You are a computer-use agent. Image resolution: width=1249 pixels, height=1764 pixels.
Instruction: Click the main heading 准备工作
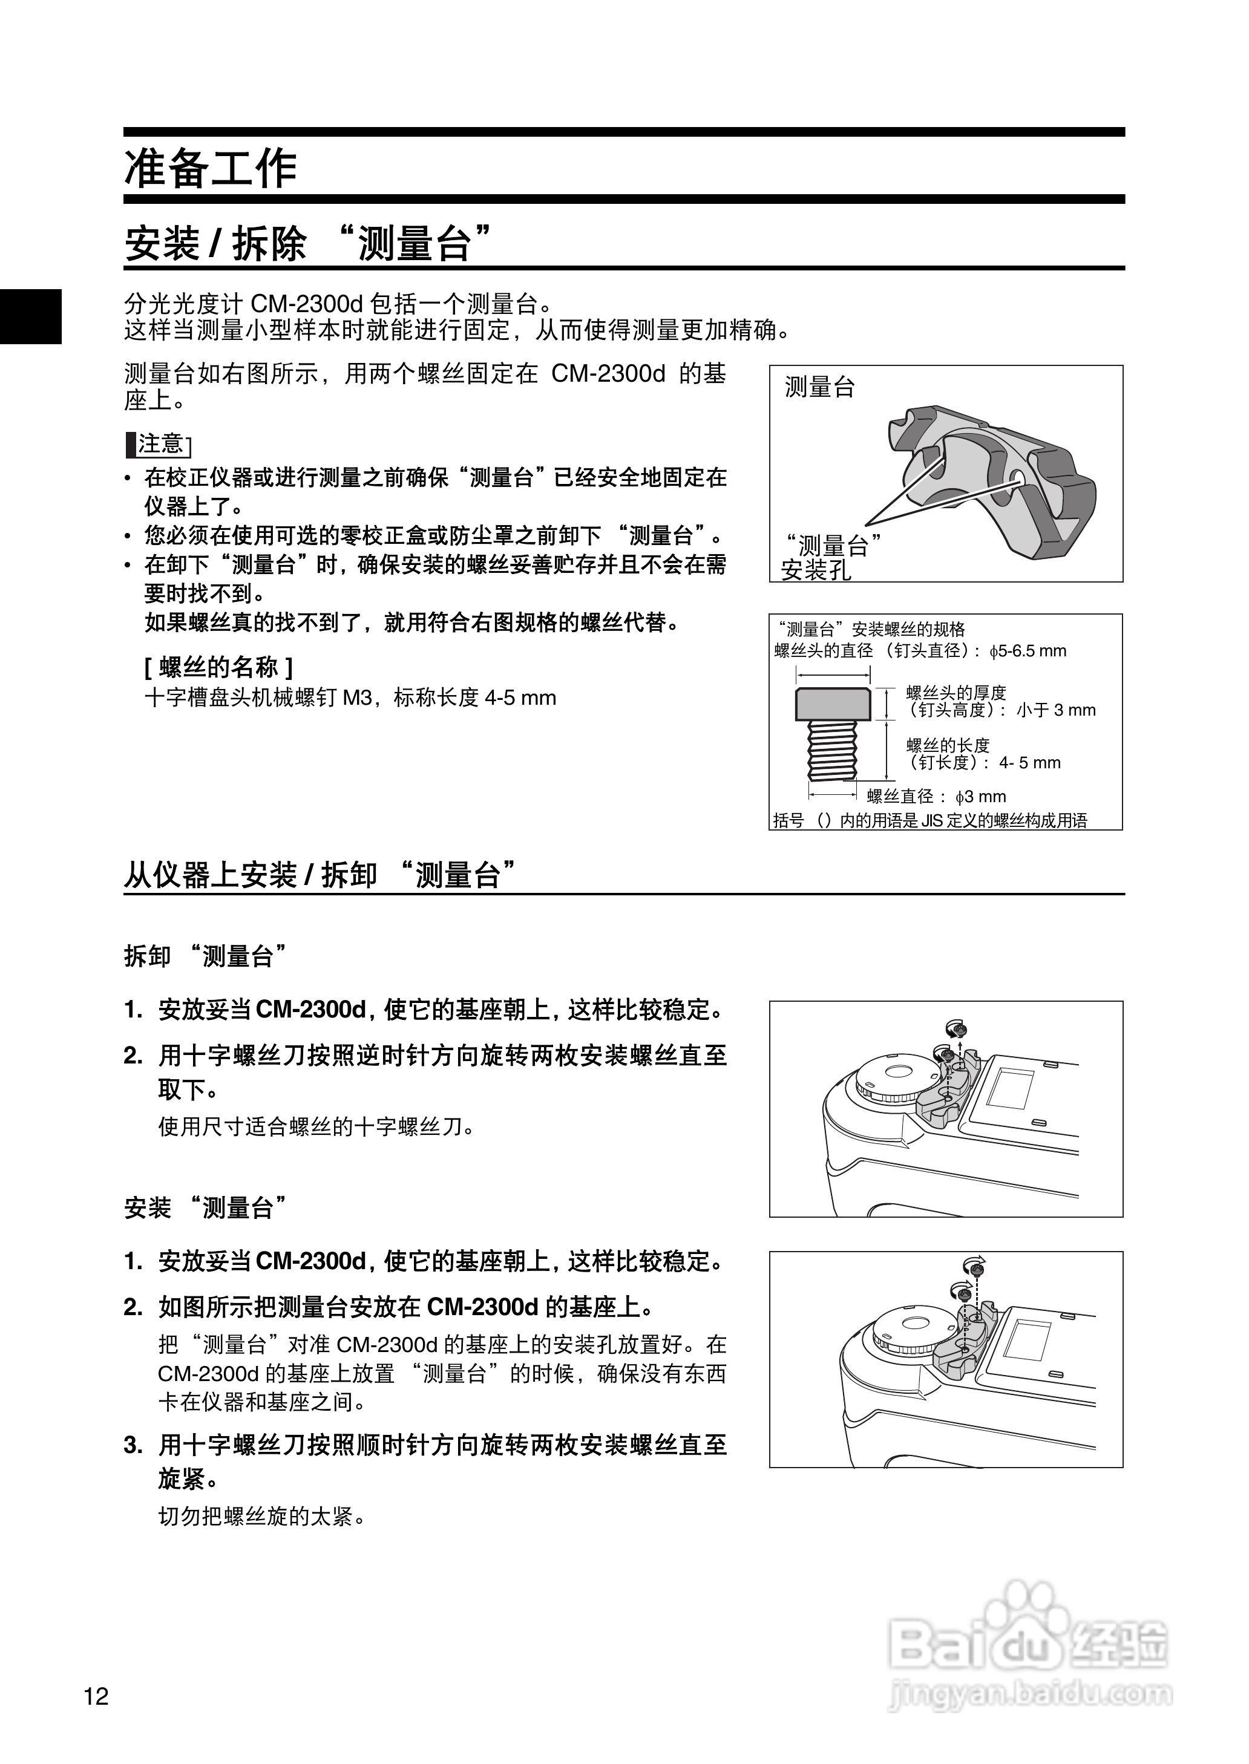[211, 168]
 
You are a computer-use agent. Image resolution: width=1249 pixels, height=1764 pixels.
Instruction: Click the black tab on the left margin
[31, 316]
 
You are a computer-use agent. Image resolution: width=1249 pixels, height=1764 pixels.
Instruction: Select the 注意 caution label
[159, 444]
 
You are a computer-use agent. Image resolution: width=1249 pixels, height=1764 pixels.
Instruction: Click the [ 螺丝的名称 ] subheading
[218, 667]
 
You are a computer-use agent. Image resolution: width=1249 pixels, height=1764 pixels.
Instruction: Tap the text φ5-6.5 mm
[1028, 651]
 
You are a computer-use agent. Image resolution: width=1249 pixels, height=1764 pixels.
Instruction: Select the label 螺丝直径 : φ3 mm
[936, 796]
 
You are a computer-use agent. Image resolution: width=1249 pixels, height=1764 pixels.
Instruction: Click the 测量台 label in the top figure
[819, 387]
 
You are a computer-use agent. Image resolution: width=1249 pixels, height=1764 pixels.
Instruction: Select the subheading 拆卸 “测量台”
[206, 956]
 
